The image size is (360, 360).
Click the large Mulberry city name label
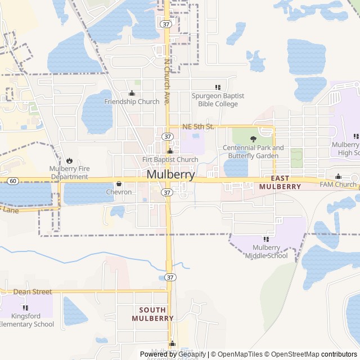171,174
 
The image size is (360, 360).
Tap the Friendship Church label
132,102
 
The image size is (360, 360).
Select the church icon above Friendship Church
132,93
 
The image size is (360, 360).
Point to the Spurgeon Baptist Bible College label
218,100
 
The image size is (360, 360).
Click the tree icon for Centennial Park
253,139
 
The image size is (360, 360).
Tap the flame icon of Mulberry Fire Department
69,160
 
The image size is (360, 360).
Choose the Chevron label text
119,192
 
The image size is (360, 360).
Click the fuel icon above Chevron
119,184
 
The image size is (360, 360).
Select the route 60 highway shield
13,181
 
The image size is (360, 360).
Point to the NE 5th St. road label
199,127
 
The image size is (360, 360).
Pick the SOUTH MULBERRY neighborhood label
152,314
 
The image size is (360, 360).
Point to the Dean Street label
33,292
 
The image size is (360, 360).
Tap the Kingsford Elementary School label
32,320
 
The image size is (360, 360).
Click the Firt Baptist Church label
170,160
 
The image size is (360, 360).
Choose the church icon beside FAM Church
338,177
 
